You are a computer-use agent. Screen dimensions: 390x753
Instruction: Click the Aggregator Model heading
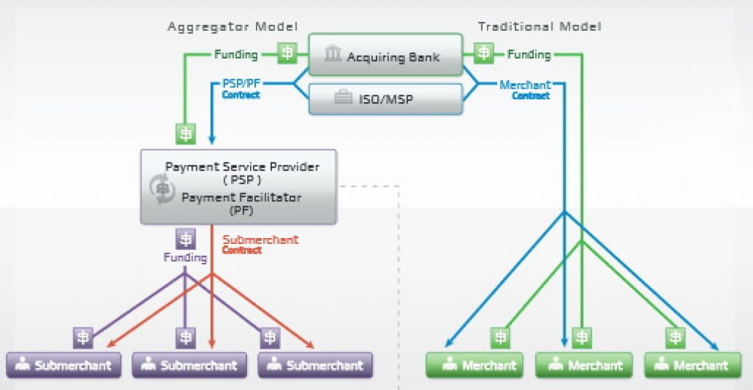coord(232,26)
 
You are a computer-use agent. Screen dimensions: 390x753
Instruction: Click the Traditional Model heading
coord(539,26)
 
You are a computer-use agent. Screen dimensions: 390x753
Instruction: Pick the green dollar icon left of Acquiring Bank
coord(287,53)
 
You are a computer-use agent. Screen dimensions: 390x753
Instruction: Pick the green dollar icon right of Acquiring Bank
coord(483,53)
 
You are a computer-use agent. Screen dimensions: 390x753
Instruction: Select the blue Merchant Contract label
coord(524,90)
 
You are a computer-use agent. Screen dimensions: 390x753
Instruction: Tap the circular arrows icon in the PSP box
coord(162,187)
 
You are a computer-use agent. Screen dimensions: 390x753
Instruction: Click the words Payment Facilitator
coord(241,197)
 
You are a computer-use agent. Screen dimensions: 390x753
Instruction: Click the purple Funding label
coord(185,258)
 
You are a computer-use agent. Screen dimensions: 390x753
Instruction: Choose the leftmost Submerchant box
coord(63,364)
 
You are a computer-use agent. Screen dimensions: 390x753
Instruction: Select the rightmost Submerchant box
coord(315,364)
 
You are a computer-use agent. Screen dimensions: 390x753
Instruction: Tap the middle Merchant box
coord(585,364)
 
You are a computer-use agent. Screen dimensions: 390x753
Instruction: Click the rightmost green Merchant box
coord(693,364)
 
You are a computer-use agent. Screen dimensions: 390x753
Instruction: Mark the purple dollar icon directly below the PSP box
coord(185,239)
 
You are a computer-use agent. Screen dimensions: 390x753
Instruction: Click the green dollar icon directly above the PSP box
coord(185,134)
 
